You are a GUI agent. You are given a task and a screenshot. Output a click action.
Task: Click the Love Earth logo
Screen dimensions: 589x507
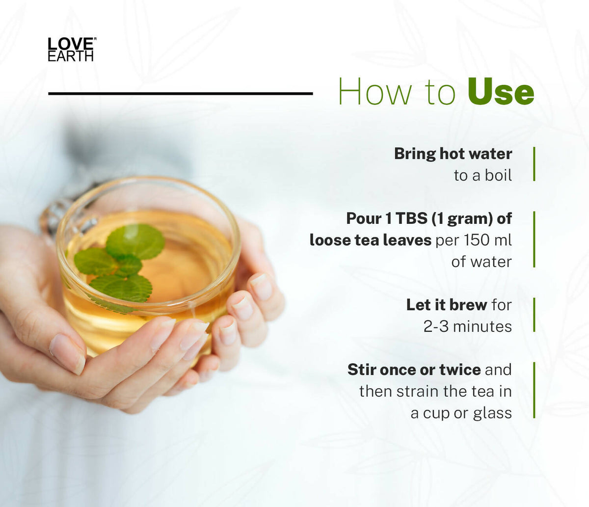click(71, 49)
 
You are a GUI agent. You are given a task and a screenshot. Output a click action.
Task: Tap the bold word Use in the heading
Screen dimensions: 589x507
click(501, 91)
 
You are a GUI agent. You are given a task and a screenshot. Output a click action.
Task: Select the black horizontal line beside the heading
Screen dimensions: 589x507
click(180, 93)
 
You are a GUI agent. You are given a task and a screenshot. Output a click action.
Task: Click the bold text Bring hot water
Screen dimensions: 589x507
click(453, 154)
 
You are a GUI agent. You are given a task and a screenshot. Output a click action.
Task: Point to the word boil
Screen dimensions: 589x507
click(498, 175)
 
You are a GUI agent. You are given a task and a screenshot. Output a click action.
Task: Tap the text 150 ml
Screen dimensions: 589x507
click(488, 240)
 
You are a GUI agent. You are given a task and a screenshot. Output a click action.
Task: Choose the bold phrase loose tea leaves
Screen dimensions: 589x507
click(371, 240)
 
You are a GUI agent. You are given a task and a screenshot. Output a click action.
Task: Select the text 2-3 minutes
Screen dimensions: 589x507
click(468, 326)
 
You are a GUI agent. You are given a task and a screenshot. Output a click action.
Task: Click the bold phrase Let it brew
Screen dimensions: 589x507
click(447, 305)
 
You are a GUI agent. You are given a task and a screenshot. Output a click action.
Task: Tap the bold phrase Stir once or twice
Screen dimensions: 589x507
click(414, 370)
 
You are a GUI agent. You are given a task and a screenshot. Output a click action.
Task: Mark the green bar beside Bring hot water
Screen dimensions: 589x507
click(534, 164)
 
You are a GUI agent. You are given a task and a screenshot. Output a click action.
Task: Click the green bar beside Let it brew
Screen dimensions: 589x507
click(534, 315)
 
